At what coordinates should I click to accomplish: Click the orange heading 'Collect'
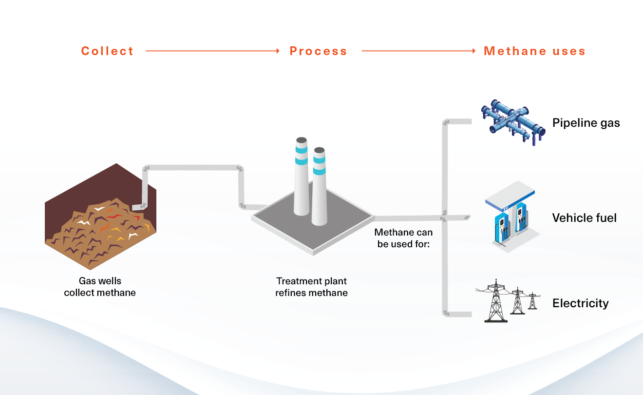tap(107, 51)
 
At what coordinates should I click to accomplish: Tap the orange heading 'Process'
tap(318, 51)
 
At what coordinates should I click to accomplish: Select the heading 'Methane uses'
tap(534, 51)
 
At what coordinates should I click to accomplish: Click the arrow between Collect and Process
tap(212, 51)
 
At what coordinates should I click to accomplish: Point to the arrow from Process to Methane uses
tap(418, 51)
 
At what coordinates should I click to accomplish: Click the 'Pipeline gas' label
tap(586, 122)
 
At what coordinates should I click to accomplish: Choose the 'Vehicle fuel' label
tap(584, 217)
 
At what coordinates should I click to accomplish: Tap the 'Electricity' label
tap(580, 303)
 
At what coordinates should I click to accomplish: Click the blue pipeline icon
tap(511, 122)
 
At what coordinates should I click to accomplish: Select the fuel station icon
tap(511, 217)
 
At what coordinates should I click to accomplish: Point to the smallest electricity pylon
tap(532, 301)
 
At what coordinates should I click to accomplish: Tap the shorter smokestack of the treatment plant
tap(319, 188)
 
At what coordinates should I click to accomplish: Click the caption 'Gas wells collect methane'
tap(100, 287)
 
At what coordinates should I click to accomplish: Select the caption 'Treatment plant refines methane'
tap(311, 287)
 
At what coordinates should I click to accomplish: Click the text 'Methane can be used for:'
tap(403, 238)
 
